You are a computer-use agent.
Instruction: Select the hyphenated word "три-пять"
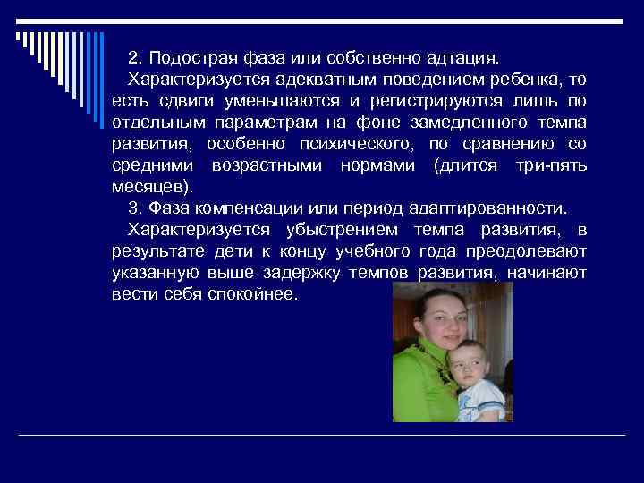(551, 165)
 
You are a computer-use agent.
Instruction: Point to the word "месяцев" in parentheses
(149, 186)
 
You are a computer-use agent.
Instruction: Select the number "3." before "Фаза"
(136, 208)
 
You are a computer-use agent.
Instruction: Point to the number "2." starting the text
(136, 58)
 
